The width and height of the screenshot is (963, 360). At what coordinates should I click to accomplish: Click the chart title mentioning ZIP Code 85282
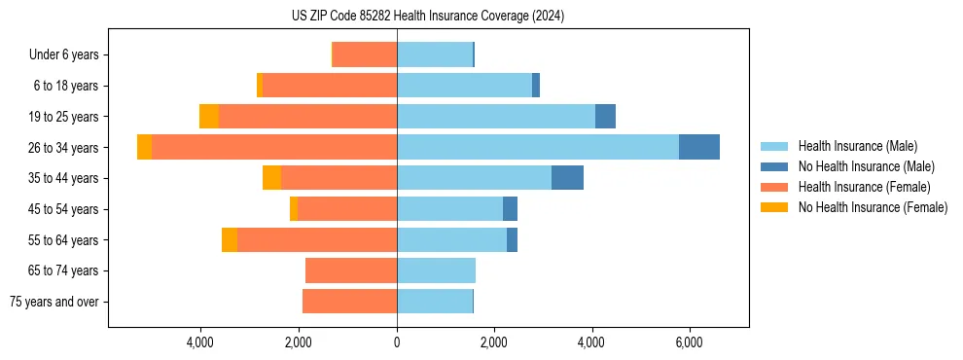click(427, 17)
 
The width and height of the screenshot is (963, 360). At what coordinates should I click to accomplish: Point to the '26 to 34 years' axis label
click(64, 148)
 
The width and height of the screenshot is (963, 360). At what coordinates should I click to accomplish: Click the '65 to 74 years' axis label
click(64, 270)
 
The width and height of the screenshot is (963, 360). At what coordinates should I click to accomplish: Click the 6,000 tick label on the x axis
click(689, 342)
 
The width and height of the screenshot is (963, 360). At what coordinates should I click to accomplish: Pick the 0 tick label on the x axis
click(397, 342)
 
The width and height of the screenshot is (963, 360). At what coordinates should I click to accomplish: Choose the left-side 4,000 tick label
click(200, 342)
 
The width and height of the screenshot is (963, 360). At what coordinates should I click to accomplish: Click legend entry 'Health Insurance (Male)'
click(857, 146)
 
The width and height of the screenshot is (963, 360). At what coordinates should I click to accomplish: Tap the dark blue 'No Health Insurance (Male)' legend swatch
click(774, 166)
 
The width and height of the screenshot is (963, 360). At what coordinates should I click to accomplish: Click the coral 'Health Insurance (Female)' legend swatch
click(774, 187)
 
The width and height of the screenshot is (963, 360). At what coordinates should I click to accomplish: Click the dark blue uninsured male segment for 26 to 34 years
click(699, 147)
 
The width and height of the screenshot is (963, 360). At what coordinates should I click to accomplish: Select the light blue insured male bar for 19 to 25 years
click(496, 117)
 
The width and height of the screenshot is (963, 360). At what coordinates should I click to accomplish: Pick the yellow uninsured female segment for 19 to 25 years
click(209, 117)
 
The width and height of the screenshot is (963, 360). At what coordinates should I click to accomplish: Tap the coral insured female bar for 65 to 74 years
click(351, 270)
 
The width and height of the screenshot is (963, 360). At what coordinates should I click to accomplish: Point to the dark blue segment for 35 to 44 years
click(567, 178)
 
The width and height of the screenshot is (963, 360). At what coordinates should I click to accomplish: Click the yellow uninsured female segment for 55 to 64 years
click(230, 240)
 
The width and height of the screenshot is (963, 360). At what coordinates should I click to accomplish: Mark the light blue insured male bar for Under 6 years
click(435, 54)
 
